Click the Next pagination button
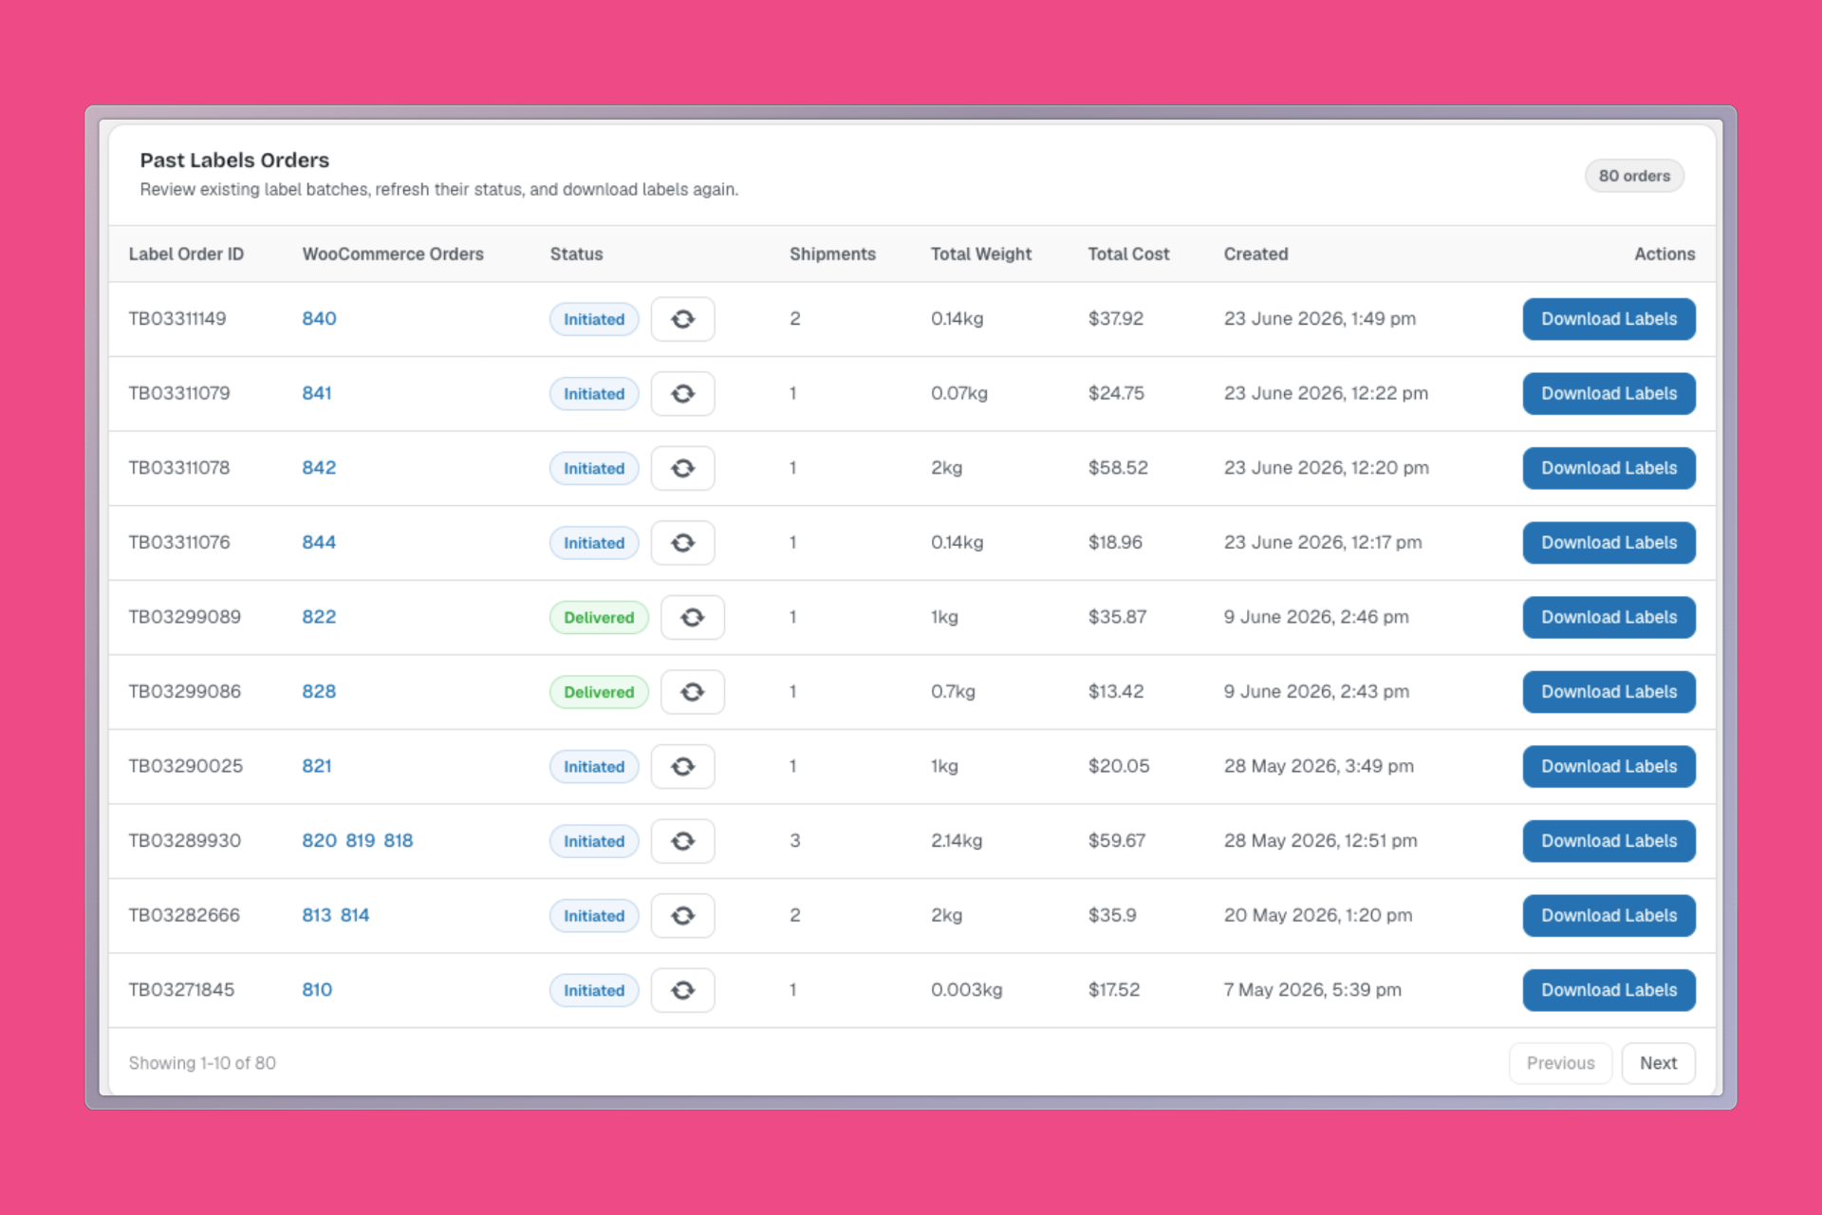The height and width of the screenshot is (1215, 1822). click(1658, 1063)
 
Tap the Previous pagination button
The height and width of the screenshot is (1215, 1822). click(1560, 1063)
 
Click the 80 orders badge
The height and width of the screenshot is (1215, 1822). click(1634, 176)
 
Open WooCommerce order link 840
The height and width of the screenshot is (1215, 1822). click(319, 319)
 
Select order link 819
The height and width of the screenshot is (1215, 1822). click(361, 841)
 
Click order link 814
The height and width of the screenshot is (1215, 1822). click(355, 915)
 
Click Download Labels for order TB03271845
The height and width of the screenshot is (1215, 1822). click(1608, 990)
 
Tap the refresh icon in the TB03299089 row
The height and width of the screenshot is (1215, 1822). click(693, 617)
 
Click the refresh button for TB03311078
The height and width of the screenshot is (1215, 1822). click(683, 468)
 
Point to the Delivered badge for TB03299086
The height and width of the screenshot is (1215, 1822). click(599, 692)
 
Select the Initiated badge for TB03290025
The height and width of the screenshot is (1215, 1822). click(594, 766)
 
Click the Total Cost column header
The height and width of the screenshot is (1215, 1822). click(1128, 254)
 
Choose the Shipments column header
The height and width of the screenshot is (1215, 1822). click(832, 254)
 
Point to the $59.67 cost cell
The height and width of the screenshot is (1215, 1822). click(1117, 841)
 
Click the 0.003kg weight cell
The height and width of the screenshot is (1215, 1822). click(966, 990)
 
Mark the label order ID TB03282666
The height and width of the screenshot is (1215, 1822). click(184, 915)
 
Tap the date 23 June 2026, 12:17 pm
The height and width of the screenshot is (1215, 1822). click(1323, 543)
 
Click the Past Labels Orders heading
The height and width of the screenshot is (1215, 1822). click(234, 160)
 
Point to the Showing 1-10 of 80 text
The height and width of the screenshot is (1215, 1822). click(202, 1063)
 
